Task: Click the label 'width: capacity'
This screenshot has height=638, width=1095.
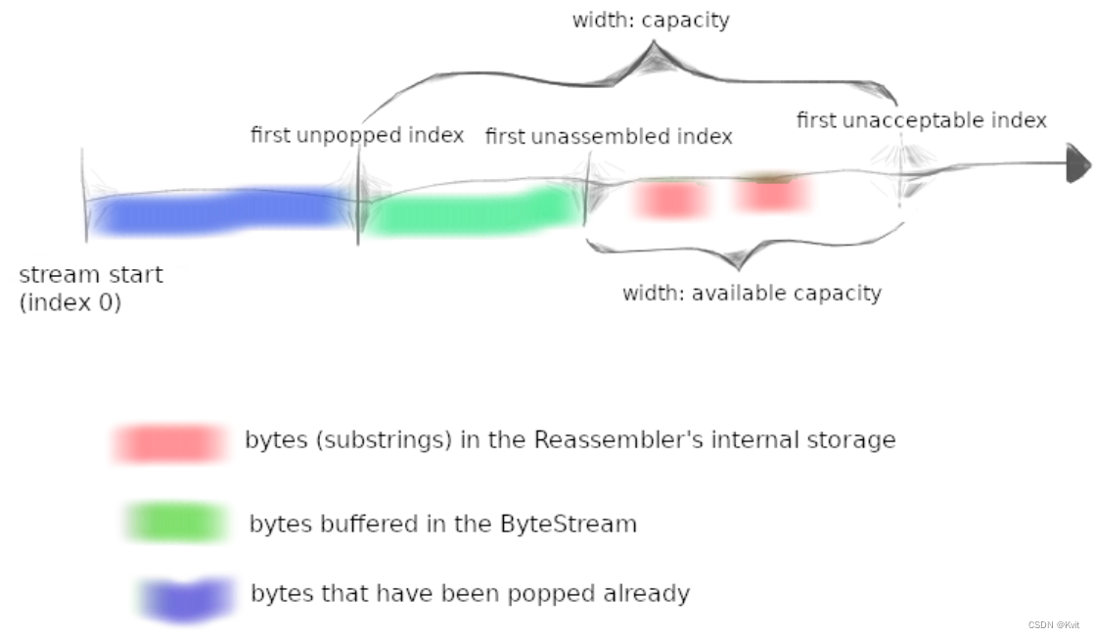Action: point(651,21)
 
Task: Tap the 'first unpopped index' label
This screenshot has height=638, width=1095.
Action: point(357,135)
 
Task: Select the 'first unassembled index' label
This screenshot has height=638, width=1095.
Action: point(609,137)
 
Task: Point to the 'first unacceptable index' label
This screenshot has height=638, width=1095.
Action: point(922,120)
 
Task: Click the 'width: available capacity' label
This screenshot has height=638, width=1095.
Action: point(752,293)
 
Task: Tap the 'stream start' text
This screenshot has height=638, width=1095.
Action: point(91,275)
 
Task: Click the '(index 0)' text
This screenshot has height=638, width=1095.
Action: point(70,302)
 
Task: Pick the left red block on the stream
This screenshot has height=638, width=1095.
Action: point(671,200)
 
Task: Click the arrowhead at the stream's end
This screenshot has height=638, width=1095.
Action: point(1077,163)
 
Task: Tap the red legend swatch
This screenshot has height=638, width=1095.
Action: point(167,443)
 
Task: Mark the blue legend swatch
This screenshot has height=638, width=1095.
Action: point(186,598)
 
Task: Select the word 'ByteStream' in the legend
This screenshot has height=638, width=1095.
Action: point(569,524)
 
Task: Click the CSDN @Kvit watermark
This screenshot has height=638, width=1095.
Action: point(1053,624)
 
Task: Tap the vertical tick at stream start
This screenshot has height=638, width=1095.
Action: point(84,196)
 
